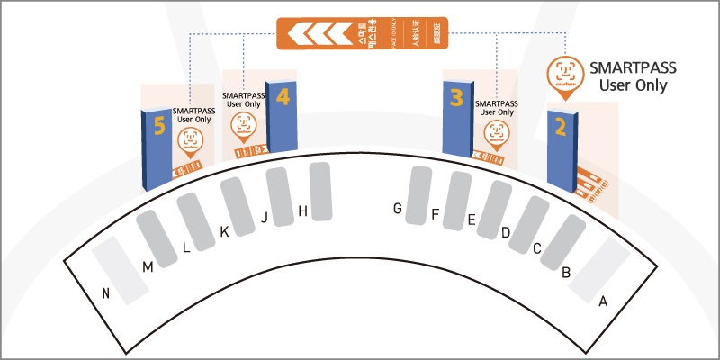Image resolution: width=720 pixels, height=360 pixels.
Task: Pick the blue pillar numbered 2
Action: tap(562, 148)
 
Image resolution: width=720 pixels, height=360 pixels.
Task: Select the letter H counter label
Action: tap(302, 211)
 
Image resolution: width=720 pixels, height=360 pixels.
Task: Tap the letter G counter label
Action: tap(397, 209)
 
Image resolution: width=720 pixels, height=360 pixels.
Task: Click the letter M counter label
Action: tap(148, 266)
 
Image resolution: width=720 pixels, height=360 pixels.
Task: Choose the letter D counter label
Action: tap(506, 233)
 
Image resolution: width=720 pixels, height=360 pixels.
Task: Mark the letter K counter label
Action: tap(224, 232)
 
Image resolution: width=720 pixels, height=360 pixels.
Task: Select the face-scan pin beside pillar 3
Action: tap(494, 133)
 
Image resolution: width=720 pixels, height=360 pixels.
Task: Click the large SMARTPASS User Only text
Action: tap(632, 76)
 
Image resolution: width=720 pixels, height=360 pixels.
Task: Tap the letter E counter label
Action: tap(471, 220)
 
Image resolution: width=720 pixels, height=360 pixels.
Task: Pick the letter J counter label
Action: tap(265, 217)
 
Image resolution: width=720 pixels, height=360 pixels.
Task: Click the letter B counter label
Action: tap(566, 272)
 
